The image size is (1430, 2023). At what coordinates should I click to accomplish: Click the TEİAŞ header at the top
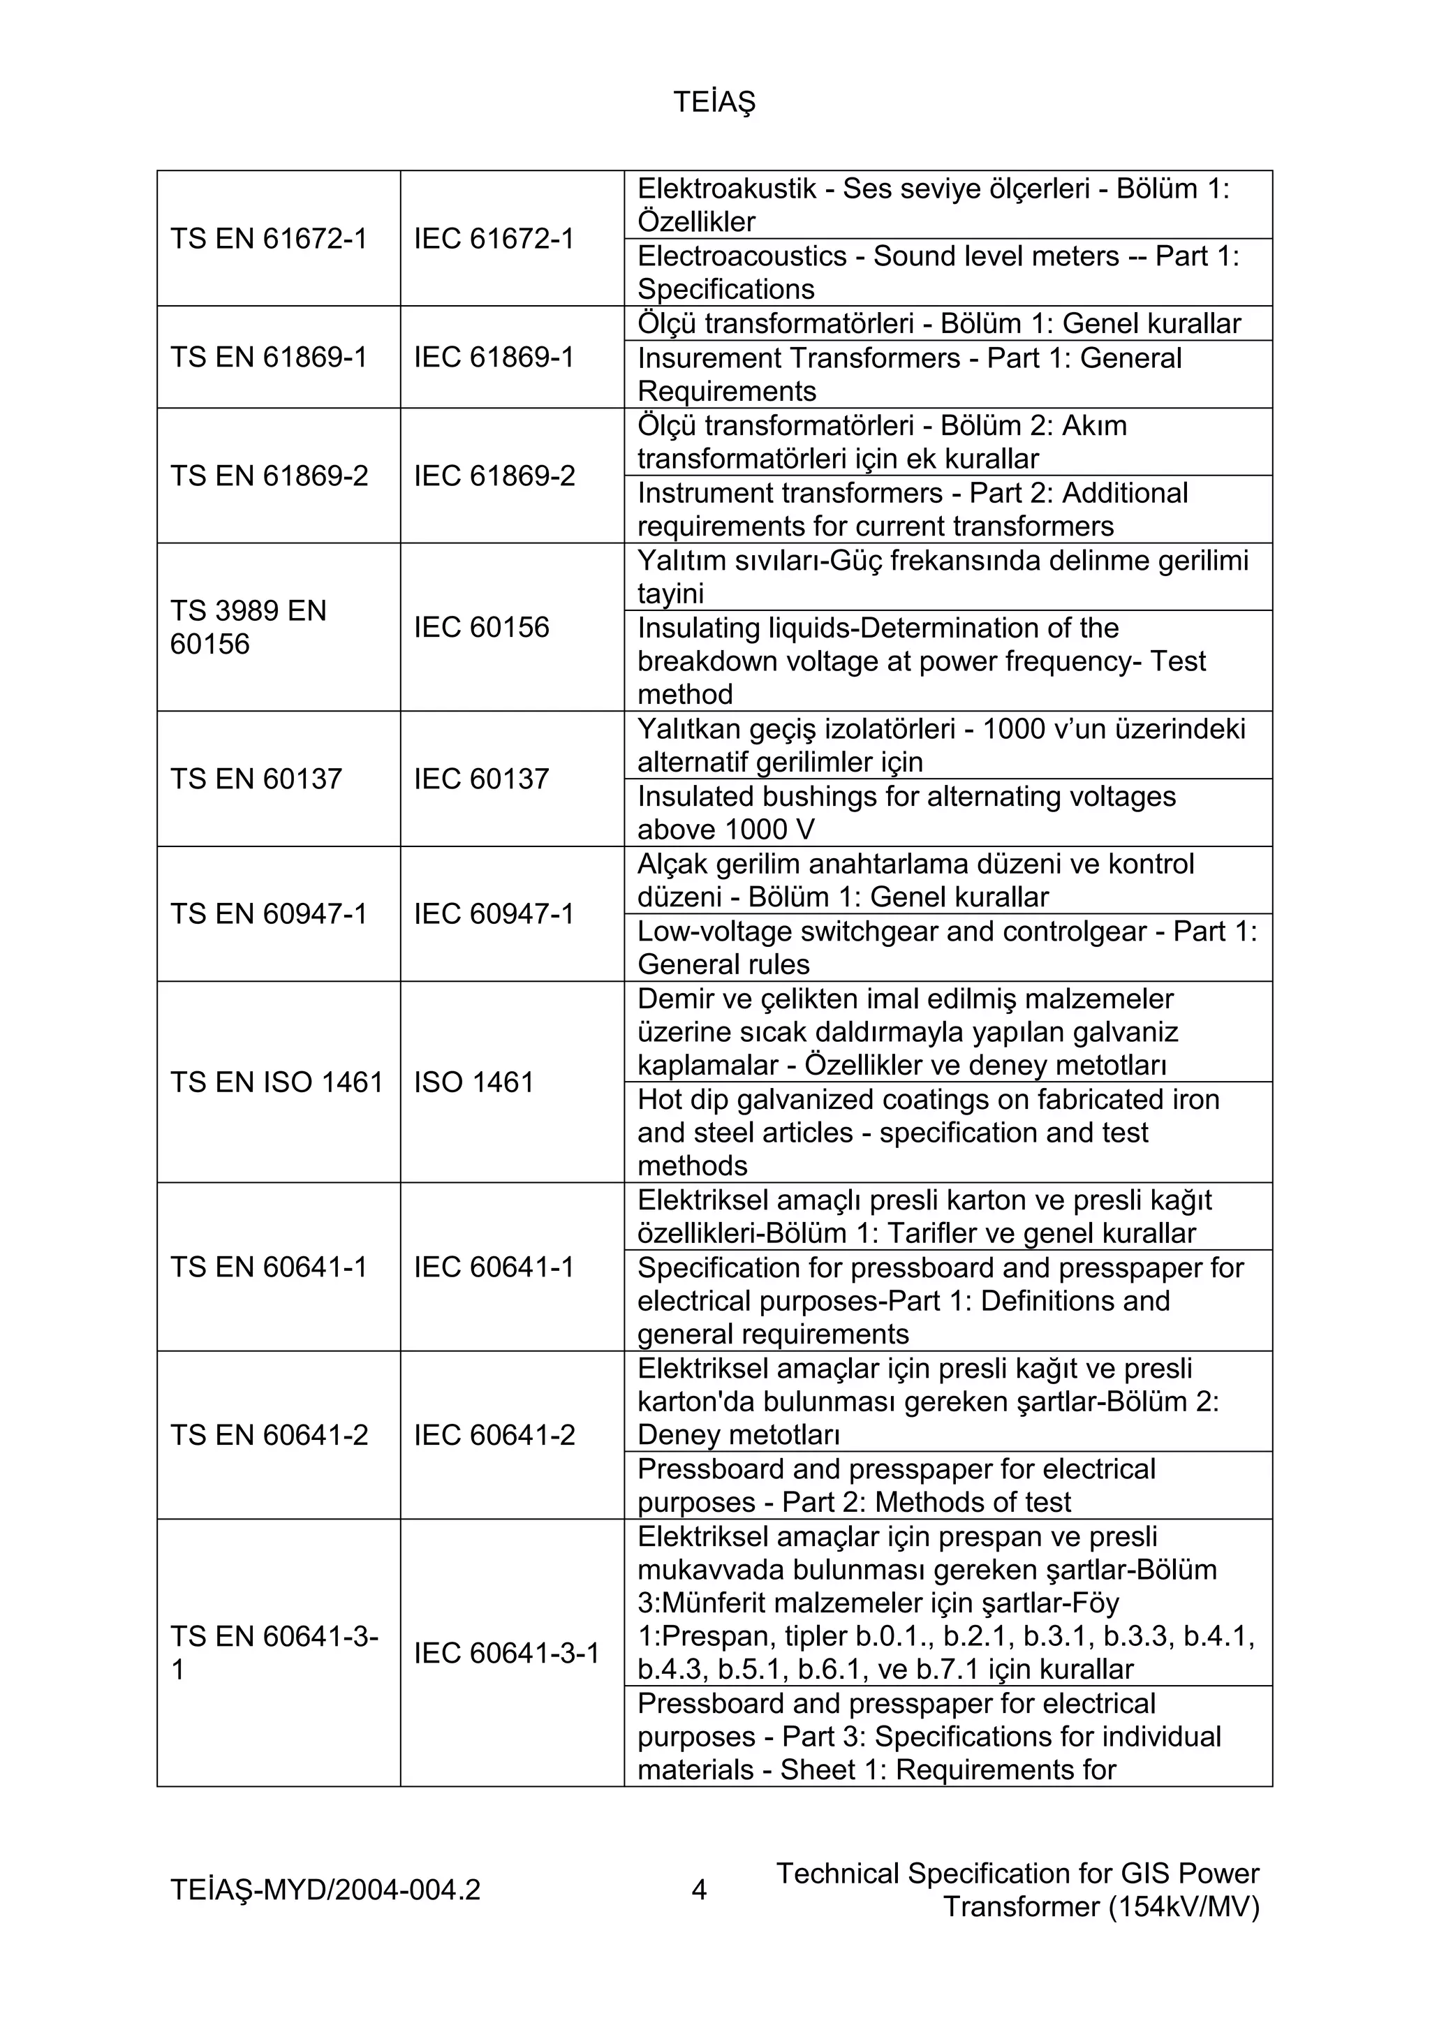click(714, 103)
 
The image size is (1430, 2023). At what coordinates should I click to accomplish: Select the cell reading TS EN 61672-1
click(268, 239)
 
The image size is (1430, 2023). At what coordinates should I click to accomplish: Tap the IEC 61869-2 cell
click(494, 476)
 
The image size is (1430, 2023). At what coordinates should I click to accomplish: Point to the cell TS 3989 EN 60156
click(248, 627)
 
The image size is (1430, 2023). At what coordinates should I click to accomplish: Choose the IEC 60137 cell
click(481, 779)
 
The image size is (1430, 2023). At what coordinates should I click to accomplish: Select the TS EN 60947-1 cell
click(268, 913)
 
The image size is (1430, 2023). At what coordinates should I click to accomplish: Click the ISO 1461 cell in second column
click(474, 1082)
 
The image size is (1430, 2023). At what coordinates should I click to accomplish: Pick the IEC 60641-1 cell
click(494, 1267)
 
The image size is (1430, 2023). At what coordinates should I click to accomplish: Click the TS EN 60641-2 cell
click(269, 1435)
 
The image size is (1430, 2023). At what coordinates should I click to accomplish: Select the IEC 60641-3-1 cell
click(507, 1653)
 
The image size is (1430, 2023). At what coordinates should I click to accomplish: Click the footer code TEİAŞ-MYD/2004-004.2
click(325, 1890)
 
